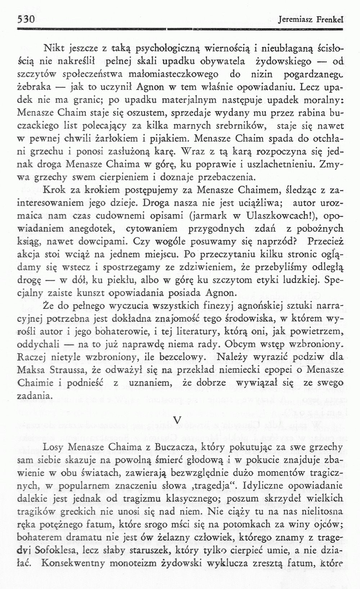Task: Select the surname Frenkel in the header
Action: [330, 21]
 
